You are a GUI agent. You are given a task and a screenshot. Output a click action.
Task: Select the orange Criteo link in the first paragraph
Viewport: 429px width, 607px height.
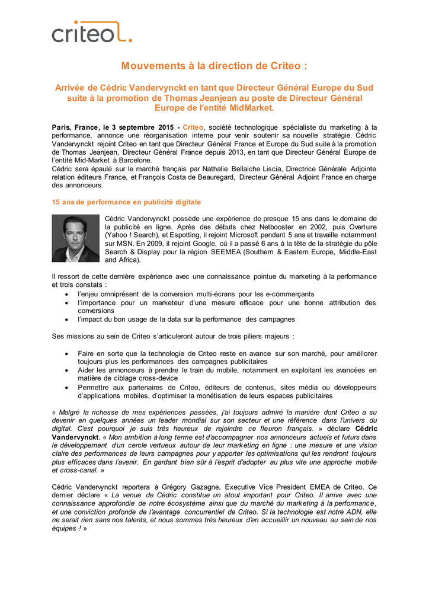click(x=193, y=127)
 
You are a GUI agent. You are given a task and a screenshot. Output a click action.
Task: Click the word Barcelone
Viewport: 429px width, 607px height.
click(x=135, y=161)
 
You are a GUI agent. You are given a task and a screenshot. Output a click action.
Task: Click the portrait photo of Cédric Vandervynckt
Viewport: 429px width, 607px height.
click(x=75, y=238)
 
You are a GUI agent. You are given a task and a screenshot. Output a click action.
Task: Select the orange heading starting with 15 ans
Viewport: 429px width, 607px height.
click(x=126, y=202)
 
